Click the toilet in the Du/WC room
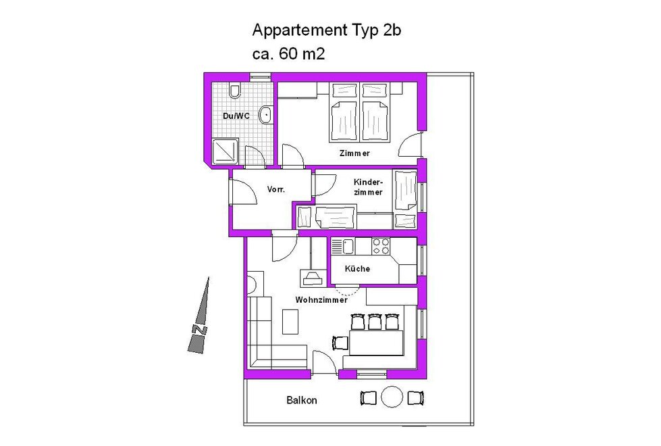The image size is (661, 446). [235, 91]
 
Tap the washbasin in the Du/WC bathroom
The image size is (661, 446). [265, 116]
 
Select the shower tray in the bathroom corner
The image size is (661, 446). [225, 151]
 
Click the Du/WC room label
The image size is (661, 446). [236, 116]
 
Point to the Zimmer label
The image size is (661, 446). [354, 153]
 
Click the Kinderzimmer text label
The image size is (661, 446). [368, 187]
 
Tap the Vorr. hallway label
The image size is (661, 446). [275, 189]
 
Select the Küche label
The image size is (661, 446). [357, 268]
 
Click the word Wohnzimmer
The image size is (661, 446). [321, 299]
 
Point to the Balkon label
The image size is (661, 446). [301, 400]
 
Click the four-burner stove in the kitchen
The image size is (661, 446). [381, 247]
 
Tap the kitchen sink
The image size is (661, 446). [343, 247]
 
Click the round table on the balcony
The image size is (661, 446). [392, 397]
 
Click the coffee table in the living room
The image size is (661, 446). [290, 322]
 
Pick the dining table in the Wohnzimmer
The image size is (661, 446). [376, 343]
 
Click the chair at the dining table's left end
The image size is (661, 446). [340, 343]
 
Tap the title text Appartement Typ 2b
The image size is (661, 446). [326, 30]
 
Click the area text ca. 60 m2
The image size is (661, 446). [288, 53]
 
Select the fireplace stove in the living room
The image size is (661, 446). [312, 277]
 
